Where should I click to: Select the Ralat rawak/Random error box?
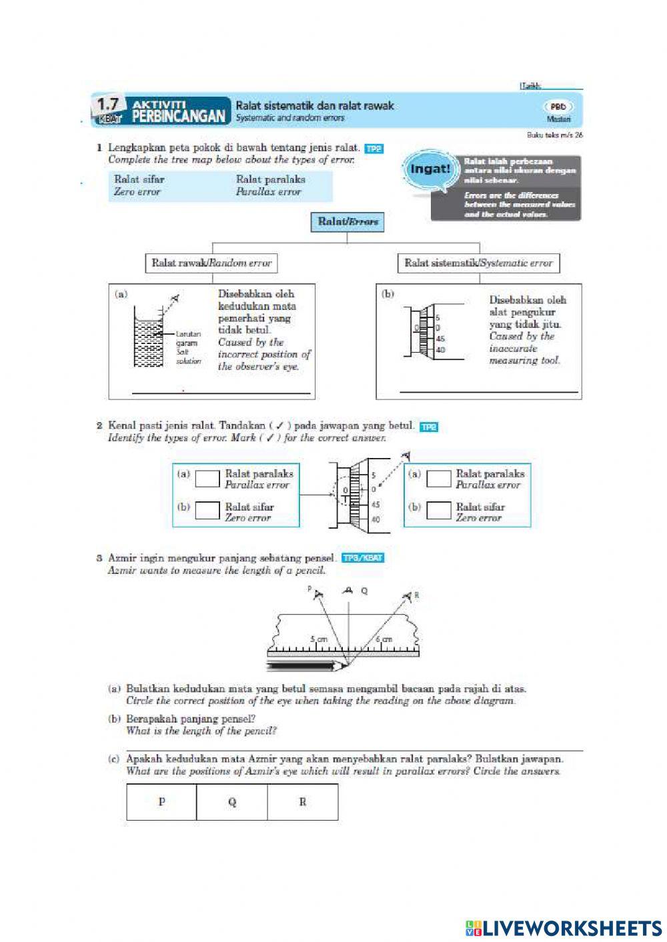pyautogui.click(x=211, y=263)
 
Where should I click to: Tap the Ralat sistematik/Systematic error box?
pyautogui.click(x=478, y=263)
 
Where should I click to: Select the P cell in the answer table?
pyautogui.click(x=161, y=801)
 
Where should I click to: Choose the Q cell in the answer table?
pyautogui.click(x=232, y=801)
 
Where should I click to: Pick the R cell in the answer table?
pyautogui.click(x=302, y=801)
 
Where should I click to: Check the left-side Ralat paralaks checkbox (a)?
pyautogui.click(x=207, y=479)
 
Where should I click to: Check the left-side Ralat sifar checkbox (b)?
pyautogui.click(x=207, y=511)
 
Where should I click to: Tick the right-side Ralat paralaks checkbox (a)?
pyautogui.click(x=439, y=479)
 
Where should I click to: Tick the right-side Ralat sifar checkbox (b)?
pyautogui.click(x=439, y=511)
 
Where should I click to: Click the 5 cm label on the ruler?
pyautogui.click(x=319, y=639)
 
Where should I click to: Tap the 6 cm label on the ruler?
pyautogui.click(x=384, y=639)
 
